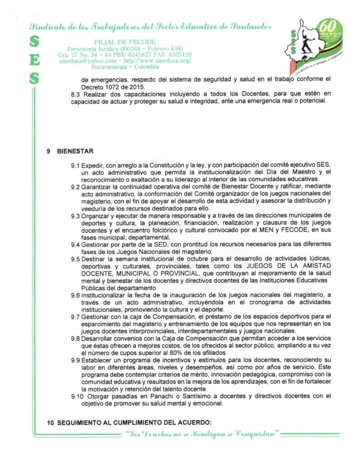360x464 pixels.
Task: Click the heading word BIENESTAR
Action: coord(75,151)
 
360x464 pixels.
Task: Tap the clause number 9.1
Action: coord(75,164)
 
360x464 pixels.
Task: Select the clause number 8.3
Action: coord(76,94)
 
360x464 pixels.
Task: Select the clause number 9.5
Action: coord(75,258)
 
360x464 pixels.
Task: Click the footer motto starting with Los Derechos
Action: coord(202,434)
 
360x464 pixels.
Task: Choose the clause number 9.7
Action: coord(75,316)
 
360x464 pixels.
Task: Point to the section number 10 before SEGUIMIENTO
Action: coord(50,422)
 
